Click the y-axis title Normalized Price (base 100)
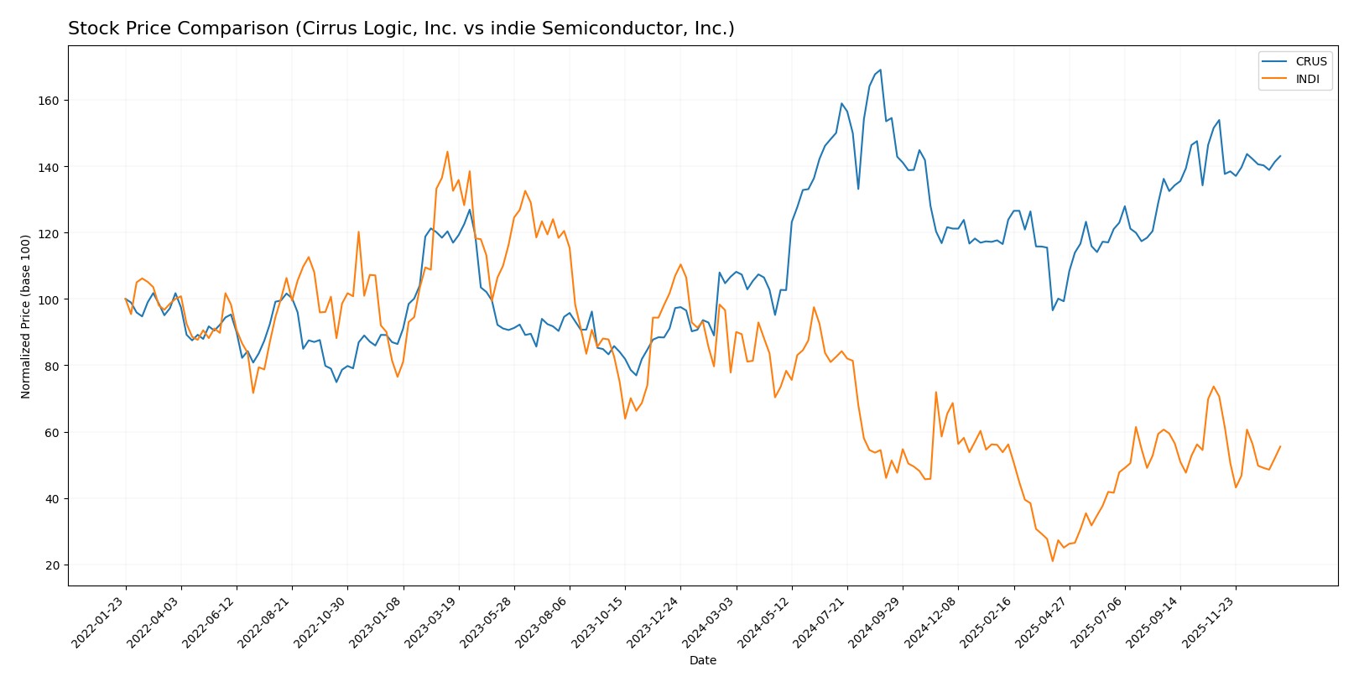(26, 316)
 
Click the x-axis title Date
(702, 661)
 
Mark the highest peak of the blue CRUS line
(880, 70)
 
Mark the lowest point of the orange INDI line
(1052, 561)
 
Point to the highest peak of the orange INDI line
(447, 152)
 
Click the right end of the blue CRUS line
(1280, 155)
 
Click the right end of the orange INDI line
(1280, 446)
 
